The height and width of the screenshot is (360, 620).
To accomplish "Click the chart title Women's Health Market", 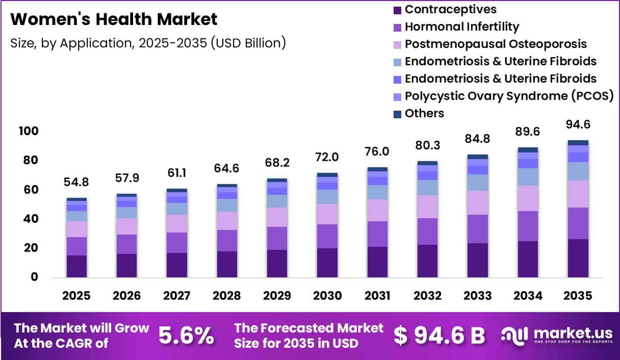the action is [x=114, y=19].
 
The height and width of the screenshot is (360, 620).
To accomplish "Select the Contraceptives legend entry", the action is [x=445, y=10].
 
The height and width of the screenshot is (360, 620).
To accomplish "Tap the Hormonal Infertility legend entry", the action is [x=456, y=27].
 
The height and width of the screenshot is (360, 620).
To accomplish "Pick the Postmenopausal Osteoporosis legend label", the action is [x=496, y=44].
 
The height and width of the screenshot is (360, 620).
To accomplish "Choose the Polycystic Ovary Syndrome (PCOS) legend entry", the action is [x=503, y=96].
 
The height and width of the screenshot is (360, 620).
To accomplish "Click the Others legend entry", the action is [x=419, y=113].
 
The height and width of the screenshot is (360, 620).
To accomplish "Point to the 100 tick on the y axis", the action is [x=29, y=131].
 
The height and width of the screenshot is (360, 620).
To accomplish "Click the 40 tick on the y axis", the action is [x=31, y=219].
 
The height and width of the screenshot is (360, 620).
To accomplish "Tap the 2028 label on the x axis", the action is [x=227, y=296].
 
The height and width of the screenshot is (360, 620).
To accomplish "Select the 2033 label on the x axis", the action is [x=477, y=296].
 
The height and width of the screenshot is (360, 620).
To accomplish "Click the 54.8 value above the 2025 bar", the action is [x=76, y=182].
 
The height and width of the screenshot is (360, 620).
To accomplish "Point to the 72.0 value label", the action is [x=327, y=157].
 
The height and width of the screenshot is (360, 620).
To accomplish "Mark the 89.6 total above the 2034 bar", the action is [x=528, y=132].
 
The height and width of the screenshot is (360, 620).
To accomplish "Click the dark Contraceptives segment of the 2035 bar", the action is [x=578, y=258].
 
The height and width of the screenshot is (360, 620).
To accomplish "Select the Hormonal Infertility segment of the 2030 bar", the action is [x=327, y=236].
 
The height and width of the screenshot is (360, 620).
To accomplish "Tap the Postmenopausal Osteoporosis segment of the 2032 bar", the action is [x=428, y=207].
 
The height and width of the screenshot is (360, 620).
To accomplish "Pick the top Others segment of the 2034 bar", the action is [x=528, y=150].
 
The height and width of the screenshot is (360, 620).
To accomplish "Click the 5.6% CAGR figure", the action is [x=186, y=336].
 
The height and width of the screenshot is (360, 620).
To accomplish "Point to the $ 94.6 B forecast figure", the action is [x=440, y=336].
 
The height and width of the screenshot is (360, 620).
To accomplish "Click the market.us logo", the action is [x=557, y=336].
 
